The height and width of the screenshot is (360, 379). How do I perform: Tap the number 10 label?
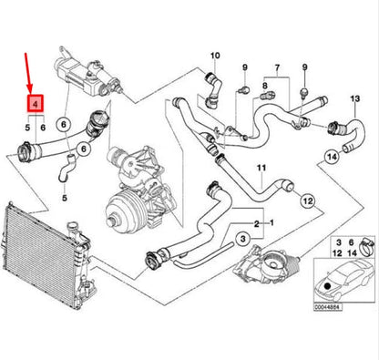click(x=216, y=57)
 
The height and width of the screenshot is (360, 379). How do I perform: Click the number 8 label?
click(x=264, y=87)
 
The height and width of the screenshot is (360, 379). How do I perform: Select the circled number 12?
click(x=307, y=200)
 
